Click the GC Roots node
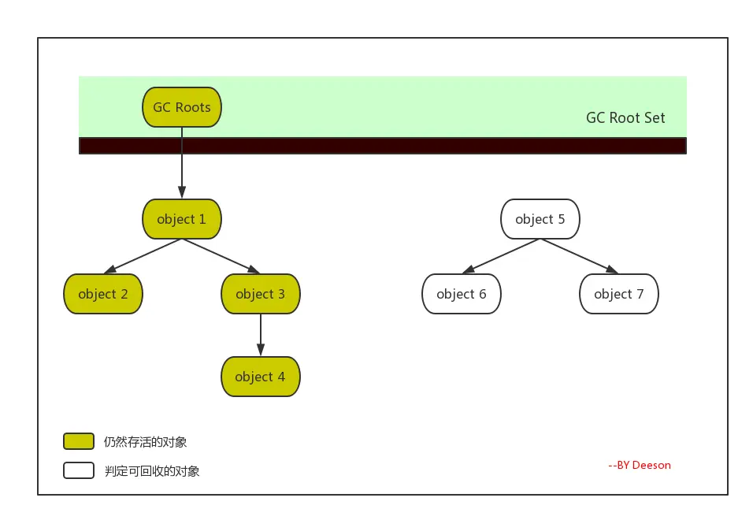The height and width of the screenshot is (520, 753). point(181,107)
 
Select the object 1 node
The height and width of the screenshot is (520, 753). point(181,219)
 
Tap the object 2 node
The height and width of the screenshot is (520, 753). point(102,294)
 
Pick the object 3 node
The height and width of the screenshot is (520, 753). point(260,294)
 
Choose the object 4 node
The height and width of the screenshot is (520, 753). point(260,377)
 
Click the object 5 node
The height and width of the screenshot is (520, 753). point(540,219)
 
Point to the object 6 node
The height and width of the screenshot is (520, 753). point(461,294)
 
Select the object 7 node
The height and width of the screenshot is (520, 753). point(618,294)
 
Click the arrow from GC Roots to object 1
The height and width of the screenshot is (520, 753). point(181,163)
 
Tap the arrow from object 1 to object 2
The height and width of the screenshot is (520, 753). point(143,256)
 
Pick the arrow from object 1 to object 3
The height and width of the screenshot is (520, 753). point(221,256)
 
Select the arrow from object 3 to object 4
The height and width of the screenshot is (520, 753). point(260,335)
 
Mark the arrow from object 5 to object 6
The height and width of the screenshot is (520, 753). point(501,256)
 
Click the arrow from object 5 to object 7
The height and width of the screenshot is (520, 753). point(579,256)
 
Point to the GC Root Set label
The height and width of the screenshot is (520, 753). point(625,117)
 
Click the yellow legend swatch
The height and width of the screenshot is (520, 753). point(79,441)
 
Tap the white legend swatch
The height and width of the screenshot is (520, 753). point(79,470)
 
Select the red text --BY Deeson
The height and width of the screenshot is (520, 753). point(640,465)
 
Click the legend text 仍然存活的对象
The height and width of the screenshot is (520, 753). point(145,442)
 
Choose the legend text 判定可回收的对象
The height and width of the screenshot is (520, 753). point(152,471)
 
